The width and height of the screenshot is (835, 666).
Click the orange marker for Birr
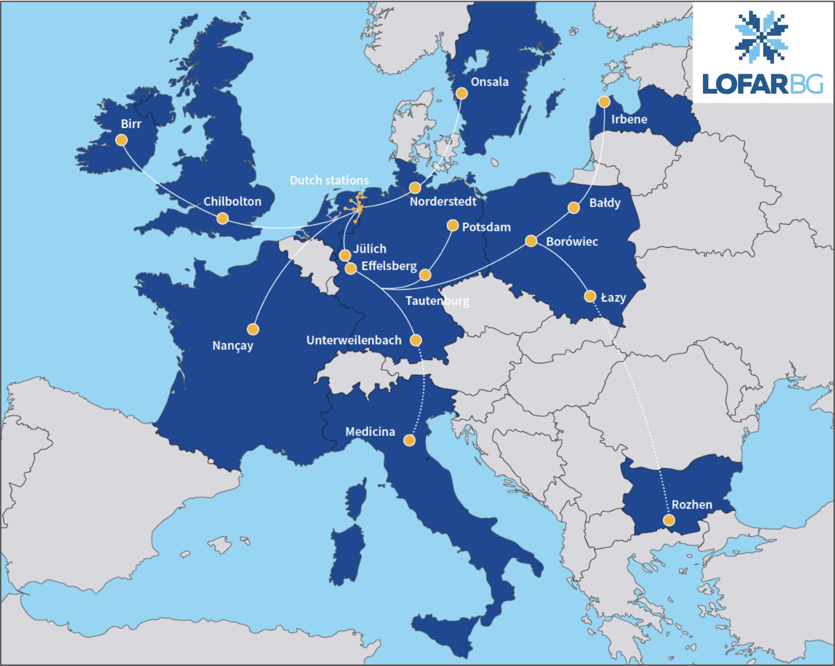(x=121, y=140)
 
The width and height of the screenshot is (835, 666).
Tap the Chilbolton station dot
(x=222, y=218)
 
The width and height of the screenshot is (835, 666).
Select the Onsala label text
(x=489, y=82)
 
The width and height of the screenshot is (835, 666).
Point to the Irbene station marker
(x=604, y=101)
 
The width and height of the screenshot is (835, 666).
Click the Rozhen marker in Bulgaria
(x=669, y=520)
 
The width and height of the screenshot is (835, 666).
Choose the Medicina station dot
(x=409, y=440)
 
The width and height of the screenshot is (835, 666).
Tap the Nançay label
(x=232, y=346)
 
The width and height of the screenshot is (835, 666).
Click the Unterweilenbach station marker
(x=415, y=340)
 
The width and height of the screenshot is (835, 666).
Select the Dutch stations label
(x=329, y=180)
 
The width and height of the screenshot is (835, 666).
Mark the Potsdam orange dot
(x=453, y=225)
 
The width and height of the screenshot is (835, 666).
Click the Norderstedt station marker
(x=415, y=187)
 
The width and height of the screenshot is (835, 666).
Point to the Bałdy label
(x=605, y=203)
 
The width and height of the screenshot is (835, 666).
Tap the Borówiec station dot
(x=530, y=241)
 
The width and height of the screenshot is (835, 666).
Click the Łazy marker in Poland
(x=590, y=296)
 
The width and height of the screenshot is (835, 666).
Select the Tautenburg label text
(x=437, y=301)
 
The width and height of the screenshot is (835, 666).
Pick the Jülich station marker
(x=345, y=256)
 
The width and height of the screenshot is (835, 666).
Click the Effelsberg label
(x=389, y=266)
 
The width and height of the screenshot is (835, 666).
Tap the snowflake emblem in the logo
(x=761, y=37)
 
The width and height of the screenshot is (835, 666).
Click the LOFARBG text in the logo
(x=762, y=84)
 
